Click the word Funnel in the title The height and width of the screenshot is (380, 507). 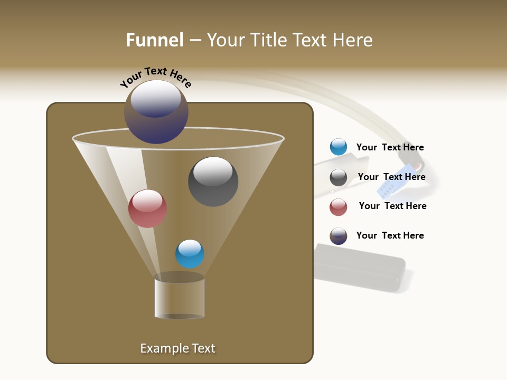pos(155,40)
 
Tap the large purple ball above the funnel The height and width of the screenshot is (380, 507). pos(156,112)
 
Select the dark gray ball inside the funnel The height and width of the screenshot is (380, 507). pos(213,182)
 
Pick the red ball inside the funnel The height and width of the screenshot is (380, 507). pos(147,208)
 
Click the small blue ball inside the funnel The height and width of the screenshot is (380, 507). pos(190,254)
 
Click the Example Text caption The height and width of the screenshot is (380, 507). pos(177,348)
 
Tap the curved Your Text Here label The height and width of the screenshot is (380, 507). pos(155,77)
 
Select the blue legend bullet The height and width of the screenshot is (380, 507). pos(338,147)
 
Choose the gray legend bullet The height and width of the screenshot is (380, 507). pos(338,177)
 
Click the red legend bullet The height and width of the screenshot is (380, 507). pos(338,207)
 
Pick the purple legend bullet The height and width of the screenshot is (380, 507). pos(338,236)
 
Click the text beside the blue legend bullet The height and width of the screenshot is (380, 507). pos(390,148)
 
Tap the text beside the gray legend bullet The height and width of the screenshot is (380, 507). pos(391,177)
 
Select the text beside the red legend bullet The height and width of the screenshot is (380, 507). pos(392,206)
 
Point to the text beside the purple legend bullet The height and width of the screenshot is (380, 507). pos(390,235)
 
